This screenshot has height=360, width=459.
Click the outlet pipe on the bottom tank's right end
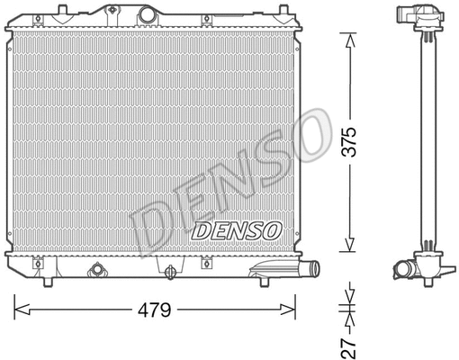310,269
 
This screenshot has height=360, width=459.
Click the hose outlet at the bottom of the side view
406,269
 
